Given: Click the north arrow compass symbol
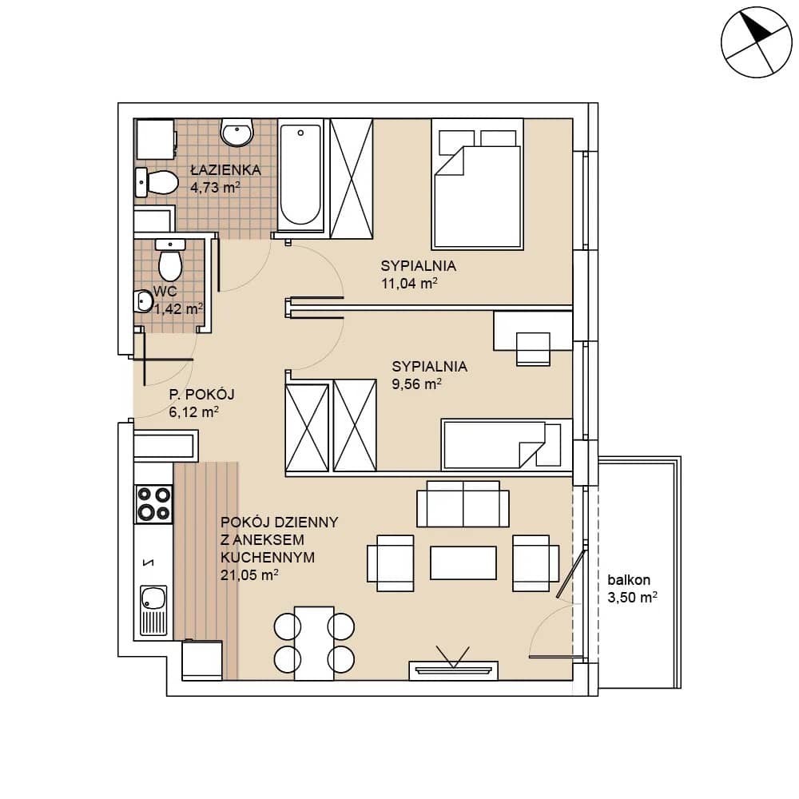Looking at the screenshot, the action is click(x=756, y=42).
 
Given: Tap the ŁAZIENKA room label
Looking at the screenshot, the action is click(x=225, y=169).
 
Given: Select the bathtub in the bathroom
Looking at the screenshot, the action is click(x=300, y=177).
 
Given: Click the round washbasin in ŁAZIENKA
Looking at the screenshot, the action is click(x=237, y=133).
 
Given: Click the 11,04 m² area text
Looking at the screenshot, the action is click(x=409, y=284).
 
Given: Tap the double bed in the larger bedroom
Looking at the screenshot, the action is click(x=478, y=184).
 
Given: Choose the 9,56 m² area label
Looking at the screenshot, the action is click(x=416, y=384).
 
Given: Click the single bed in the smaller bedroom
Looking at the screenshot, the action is click(x=507, y=444).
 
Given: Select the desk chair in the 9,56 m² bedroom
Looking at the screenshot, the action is click(x=533, y=349).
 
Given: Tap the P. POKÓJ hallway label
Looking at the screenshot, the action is click(x=201, y=395).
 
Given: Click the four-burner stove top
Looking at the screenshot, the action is click(x=153, y=504).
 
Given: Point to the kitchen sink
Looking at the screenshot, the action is click(x=153, y=610).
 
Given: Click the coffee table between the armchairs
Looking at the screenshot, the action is click(x=463, y=562).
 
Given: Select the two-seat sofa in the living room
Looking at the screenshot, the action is click(x=463, y=504).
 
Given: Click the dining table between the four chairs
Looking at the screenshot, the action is click(x=314, y=643).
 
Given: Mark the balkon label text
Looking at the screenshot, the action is click(x=628, y=580).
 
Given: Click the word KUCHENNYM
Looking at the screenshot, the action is click(x=268, y=557).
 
